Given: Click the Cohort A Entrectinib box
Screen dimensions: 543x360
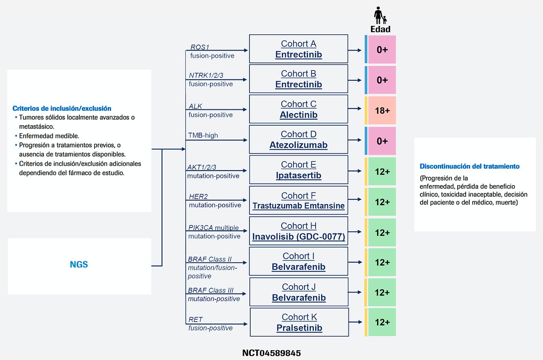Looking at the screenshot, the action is coord(298,49).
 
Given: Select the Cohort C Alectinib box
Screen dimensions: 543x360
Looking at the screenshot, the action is coord(298,109).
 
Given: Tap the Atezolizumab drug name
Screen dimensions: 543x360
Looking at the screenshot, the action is coord(298,145).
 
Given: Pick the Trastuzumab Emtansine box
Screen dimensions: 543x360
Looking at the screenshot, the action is coord(298,200).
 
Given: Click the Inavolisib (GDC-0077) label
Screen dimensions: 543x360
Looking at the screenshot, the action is coord(298,236).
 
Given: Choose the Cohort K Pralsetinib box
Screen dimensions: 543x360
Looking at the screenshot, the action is coord(299,322).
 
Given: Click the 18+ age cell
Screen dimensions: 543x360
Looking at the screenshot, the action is coord(382,110).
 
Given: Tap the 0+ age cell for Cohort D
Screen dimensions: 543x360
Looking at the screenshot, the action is coord(382,141).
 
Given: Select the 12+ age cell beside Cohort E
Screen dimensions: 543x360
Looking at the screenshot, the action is coord(382,172).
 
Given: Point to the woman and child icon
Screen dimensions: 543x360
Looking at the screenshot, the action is coord(380,15).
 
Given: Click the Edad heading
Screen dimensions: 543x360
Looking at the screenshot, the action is coord(381,29).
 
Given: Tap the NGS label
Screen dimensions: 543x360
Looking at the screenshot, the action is coord(79,264).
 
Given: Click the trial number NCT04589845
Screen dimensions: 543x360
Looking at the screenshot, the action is coord(271,353).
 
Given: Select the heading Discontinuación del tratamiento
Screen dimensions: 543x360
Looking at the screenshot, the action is coord(470,166).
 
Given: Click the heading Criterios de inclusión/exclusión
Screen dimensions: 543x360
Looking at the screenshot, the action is coord(62,108).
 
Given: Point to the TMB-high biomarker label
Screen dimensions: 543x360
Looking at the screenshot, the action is coord(203,135).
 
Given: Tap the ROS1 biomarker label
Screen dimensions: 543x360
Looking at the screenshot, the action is coord(200,47).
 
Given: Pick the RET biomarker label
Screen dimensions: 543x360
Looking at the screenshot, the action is coord(196,320).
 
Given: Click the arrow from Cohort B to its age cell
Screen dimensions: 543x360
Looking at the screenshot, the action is coord(355,80).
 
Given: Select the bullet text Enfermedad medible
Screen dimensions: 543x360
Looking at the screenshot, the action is coord(49,136).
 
